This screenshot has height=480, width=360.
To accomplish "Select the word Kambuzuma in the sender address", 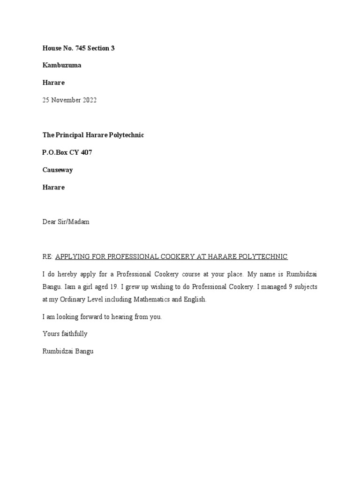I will pos(62,65).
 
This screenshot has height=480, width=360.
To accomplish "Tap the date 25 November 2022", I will pos(69,100).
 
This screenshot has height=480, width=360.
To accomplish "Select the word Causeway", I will pos(58,170).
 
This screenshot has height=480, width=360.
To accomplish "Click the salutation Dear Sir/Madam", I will pos(66,222).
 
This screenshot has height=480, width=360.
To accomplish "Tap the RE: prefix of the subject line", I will pos(48,256).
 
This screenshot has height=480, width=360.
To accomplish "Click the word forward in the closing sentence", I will pos(90,316).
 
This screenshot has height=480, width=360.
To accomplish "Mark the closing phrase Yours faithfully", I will pos(65,334).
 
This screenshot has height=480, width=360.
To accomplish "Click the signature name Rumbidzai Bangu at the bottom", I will pos(68,351).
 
